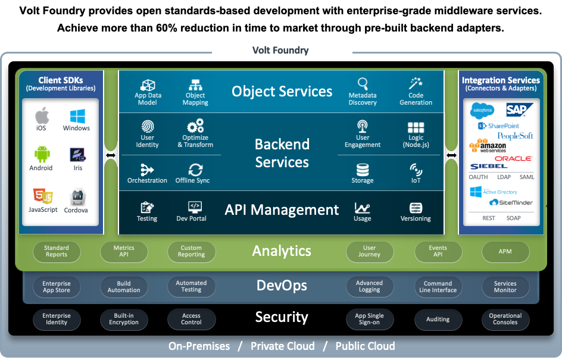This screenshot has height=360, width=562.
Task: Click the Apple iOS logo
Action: [41, 115]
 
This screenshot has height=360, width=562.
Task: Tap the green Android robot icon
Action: [41, 155]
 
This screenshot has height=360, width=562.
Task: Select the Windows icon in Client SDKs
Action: [77, 115]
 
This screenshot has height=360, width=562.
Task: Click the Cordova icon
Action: [76, 197]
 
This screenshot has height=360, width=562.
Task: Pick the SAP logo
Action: [517, 109]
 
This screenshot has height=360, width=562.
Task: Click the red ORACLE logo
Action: [513, 158]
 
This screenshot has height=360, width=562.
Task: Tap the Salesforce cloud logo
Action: [482, 110]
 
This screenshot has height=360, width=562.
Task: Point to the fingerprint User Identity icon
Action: [147, 126]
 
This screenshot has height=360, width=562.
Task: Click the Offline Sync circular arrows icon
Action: [195, 169]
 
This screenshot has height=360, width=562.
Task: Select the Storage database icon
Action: [362, 169]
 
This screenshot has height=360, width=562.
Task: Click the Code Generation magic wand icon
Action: [416, 83]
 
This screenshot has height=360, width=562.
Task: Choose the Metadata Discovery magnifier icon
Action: [363, 83]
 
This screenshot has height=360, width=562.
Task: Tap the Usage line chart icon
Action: [362, 208]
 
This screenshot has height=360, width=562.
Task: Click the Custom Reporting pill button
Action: [191, 251]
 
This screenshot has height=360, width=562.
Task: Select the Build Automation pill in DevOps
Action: [124, 287]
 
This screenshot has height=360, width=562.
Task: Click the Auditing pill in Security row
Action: [438, 320]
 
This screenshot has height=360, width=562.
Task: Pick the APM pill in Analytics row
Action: [505, 251]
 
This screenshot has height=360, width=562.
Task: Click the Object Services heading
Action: [282, 91]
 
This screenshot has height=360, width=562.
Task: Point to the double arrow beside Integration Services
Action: [451, 155]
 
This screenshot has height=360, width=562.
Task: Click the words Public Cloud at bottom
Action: [365, 346]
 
